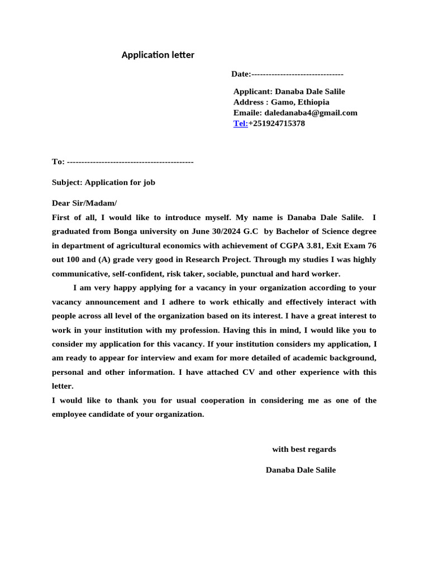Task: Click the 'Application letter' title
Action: click(158, 55)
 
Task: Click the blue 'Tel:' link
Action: click(240, 123)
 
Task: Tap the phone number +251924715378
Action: click(277, 123)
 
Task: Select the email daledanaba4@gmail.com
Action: click(311, 113)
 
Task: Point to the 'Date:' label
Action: click(241, 74)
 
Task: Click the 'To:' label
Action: click(58, 161)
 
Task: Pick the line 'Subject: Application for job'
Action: click(103, 182)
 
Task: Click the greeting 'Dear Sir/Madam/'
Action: click(84, 203)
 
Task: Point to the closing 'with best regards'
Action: click(304, 449)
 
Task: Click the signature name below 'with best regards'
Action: click(301, 470)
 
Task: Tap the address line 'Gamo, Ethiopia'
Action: click(300, 102)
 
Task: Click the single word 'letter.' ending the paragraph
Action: click(63, 386)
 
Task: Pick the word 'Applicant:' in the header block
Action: click(252, 92)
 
